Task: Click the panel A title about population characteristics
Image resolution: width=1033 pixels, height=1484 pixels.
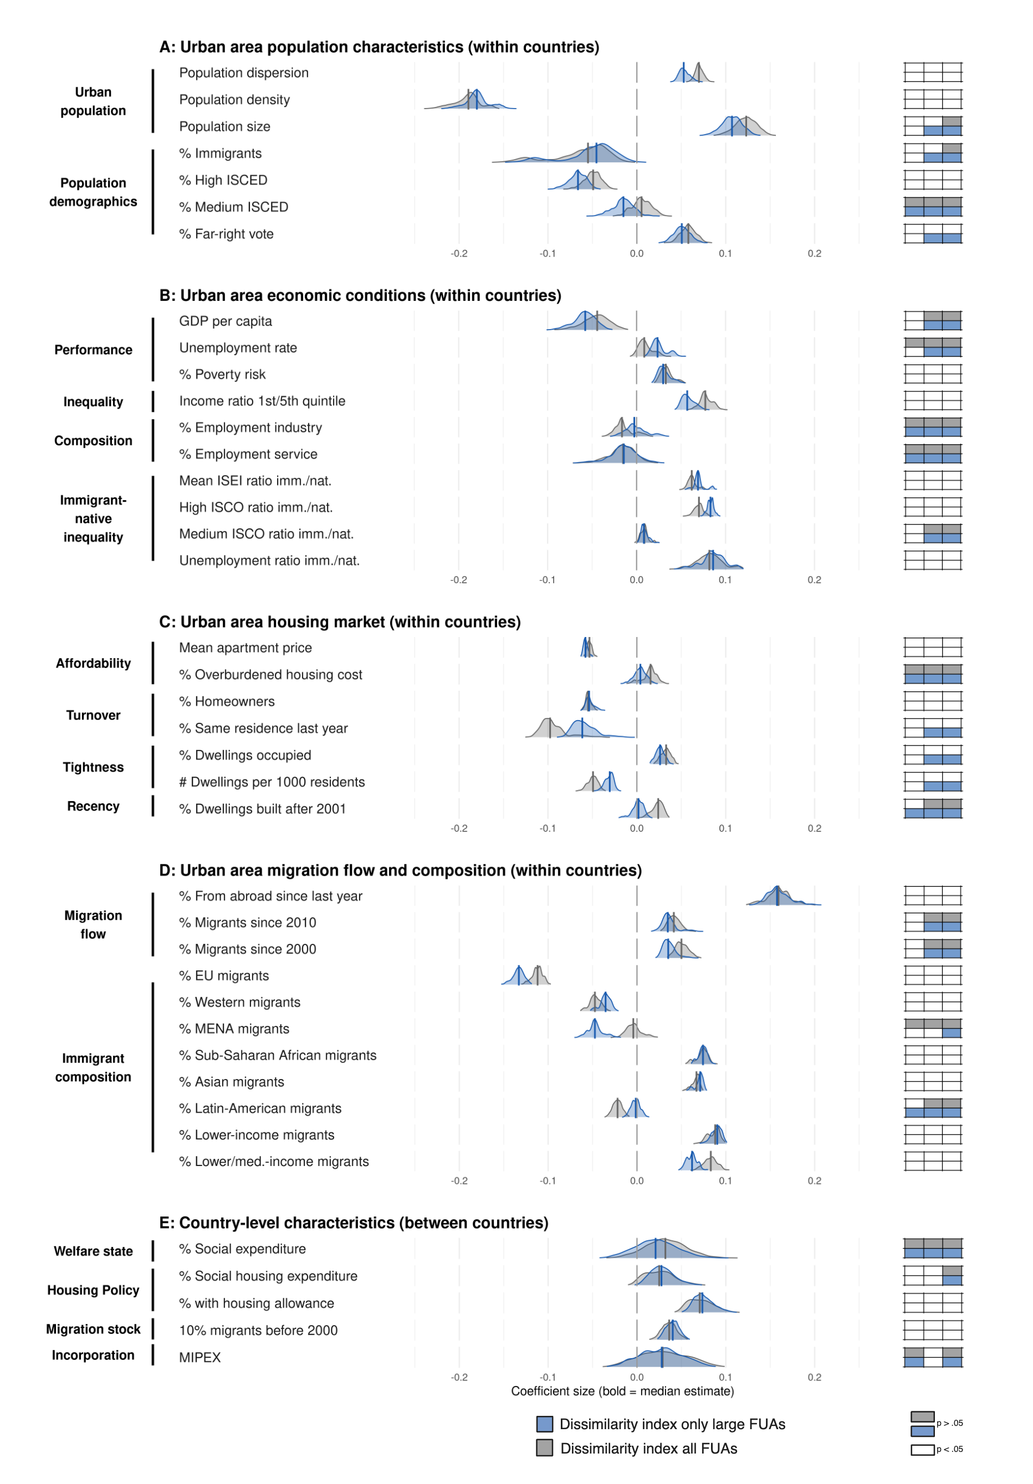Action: (x=379, y=47)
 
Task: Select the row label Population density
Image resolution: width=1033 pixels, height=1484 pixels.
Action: (x=234, y=100)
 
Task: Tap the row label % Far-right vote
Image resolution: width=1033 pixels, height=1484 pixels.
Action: (x=226, y=234)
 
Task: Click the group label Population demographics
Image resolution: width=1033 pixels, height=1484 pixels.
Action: (x=93, y=192)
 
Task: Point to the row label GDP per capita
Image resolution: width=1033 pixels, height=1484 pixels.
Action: (x=225, y=321)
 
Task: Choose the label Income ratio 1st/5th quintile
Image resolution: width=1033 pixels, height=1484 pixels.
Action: (x=262, y=400)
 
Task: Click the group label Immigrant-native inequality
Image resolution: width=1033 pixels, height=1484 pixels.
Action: (x=93, y=518)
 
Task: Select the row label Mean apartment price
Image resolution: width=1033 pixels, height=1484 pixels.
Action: (x=245, y=648)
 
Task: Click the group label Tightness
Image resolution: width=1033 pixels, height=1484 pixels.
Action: (x=93, y=767)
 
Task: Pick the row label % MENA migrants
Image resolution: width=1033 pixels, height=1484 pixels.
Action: (x=233, y=1028)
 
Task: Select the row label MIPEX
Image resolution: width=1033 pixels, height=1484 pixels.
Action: (x=200, y=1357)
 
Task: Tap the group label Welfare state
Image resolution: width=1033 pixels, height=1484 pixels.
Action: (x=93, y=1251)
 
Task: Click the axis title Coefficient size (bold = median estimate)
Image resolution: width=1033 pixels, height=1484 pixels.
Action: (x=622, y=1391)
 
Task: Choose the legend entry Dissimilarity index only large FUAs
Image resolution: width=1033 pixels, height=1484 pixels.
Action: (x=672, y=1424)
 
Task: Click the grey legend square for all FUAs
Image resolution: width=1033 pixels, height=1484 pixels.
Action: (x=544, y=1448)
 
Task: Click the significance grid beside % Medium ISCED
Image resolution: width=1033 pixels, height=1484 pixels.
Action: (x=932, y=207)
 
